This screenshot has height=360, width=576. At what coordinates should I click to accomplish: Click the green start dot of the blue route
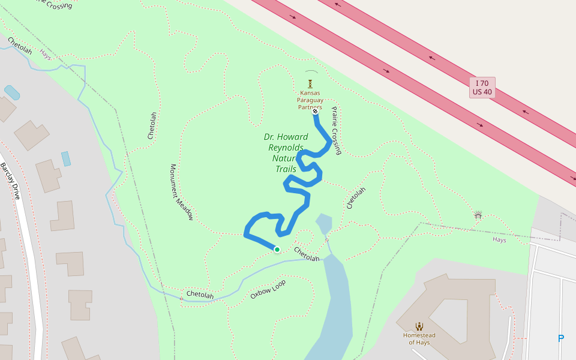(x=277, y=250)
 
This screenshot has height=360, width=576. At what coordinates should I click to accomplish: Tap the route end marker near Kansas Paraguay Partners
(x=315, y=111)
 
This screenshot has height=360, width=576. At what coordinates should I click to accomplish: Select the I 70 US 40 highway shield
(x=482, y=88)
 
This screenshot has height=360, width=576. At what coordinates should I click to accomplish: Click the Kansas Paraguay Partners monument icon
(x=310, y=83)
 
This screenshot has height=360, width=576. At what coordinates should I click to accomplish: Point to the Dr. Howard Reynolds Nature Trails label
(x=286, y=153)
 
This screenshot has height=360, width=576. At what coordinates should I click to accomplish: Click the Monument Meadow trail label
(x=181, y=192)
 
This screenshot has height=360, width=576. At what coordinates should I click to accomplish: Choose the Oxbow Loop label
(x=268, y=289)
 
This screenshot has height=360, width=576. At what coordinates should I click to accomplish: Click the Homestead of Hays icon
(x=419, y=326)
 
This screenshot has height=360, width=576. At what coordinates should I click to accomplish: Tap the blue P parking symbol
(x=561, y=338)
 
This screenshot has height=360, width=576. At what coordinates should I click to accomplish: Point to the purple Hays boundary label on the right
(x=499, y=239)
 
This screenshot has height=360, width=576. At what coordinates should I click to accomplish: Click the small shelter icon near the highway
(x=478, y=215)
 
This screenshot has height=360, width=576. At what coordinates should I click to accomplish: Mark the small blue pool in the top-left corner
(x=12, y=92)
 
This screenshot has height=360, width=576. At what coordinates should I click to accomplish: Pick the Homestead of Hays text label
(x=419, y=338)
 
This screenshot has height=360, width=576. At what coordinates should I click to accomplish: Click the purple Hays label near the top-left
(x=46, y=54)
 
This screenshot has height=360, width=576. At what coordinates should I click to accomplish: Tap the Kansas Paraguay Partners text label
(x=311, y=100)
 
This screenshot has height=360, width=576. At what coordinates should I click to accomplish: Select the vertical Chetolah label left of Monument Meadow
(x=152, y=125)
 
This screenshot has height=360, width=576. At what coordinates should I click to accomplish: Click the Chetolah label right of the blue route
(x=356, y=198)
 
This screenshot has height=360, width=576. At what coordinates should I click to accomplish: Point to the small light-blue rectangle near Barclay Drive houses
(x=66, y=158)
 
